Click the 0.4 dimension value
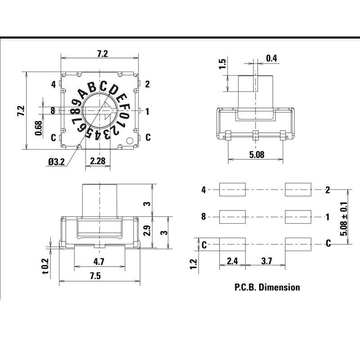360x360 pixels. (272, 58)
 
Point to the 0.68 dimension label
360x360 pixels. (39, 127)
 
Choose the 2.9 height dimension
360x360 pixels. (146, 232)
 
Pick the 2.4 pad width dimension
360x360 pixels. (232, 260)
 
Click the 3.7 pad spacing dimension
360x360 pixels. (265, 260)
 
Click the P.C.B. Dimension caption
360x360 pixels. (266, 287)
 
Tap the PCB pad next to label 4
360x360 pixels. (232, 190)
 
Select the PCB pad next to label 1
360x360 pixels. (298, 217)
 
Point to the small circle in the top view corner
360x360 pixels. (130, 140)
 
